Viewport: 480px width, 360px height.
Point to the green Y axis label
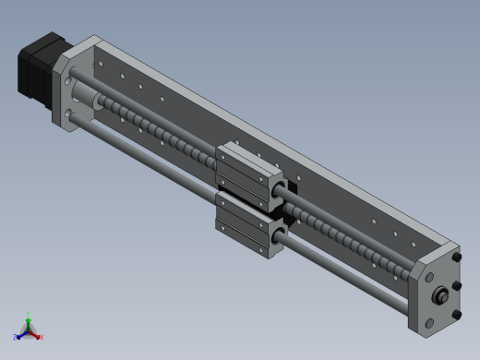[30, 314]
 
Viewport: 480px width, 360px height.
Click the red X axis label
[41, 337]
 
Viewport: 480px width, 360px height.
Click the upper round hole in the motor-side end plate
[70, 79]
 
